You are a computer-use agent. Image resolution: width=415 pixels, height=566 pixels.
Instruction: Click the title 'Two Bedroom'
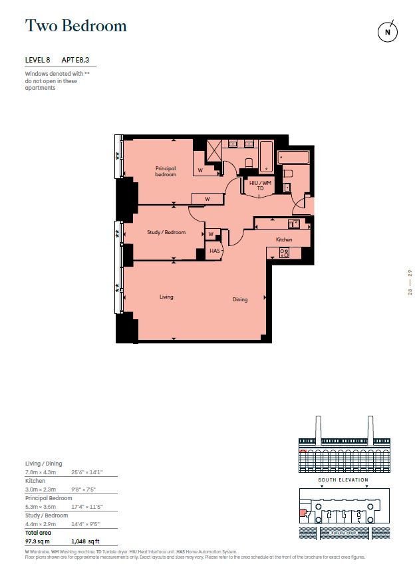point(75,26)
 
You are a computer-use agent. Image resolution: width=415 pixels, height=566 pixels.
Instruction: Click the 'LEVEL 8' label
point(37,61)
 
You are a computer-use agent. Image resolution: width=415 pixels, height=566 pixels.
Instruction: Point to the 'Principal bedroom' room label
point(166,171)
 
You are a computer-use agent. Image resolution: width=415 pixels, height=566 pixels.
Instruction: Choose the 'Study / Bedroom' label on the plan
point(166,232)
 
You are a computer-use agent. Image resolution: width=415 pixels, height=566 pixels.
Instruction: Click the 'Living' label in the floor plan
point(166,297)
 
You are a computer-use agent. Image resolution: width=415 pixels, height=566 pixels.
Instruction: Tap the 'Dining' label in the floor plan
point(239,299)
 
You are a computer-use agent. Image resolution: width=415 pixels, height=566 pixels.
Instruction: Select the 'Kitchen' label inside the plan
point(284,239)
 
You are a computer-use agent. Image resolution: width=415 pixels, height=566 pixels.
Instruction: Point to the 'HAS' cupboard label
point(214,251)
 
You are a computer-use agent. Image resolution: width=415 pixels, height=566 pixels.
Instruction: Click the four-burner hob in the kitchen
point(284,253)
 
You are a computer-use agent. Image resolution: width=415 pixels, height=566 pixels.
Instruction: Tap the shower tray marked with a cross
point(213,150)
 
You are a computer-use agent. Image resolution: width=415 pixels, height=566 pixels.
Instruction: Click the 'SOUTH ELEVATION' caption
point(343,480)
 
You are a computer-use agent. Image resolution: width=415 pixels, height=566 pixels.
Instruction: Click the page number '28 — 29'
point(410,282)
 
